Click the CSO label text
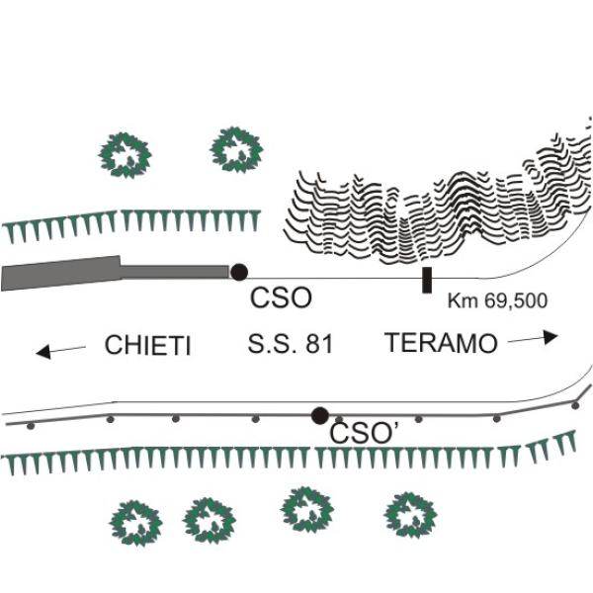pos(281,298)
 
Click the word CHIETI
pos(147,345)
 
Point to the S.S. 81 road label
pos(291,345)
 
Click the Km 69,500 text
pos(497,299)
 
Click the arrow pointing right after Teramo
pos(534,337)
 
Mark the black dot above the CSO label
pos(238,272)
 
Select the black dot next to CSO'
pos(319,416)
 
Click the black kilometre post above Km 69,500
pos(426,280)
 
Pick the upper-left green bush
pos(126,155)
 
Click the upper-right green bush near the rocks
pos(237,149)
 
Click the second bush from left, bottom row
pos(210,520)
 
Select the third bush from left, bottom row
pos(307,509)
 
